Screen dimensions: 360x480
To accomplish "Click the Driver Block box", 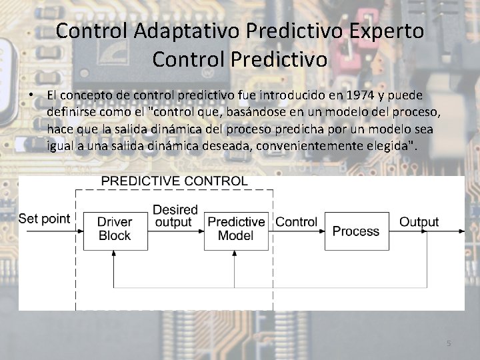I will click(x=115, y=231).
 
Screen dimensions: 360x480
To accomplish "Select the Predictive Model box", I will click(x=236, y=231).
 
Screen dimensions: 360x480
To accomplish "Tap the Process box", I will click(x=356, y=231).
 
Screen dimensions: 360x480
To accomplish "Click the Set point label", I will click(x=44, y=219).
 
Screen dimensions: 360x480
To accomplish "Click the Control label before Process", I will click(x=296, y=222).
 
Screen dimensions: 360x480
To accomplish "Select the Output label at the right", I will click(x=419, y=222).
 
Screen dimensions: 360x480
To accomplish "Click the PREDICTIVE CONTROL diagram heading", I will click(x=175, y=181).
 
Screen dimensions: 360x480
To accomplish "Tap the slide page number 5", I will click(x=449, y=343).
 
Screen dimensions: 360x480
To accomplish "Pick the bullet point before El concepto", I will click(x=31, y=96).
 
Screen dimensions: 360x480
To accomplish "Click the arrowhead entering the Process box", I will click(x=321, y=231).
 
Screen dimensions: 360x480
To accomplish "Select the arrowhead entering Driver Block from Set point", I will click(x=80, y=231).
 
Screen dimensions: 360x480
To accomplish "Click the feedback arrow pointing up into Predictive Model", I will click(x=236, y=254).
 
